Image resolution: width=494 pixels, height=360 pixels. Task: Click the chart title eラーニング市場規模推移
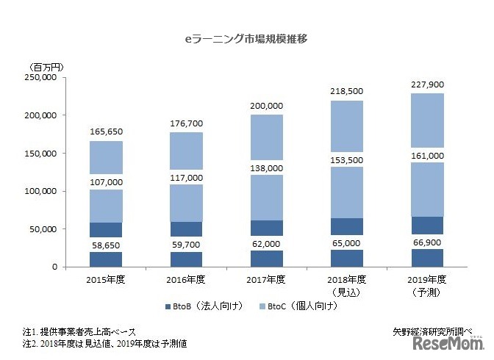(246, 39)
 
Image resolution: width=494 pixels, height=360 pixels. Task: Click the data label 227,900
(427, 83)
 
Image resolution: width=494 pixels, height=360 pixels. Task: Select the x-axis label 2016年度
(186, 280)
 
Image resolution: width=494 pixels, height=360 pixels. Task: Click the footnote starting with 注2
(104, 343)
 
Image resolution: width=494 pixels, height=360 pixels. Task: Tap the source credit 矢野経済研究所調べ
(432, 331)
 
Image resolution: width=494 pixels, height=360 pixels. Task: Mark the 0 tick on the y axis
(54, 267)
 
